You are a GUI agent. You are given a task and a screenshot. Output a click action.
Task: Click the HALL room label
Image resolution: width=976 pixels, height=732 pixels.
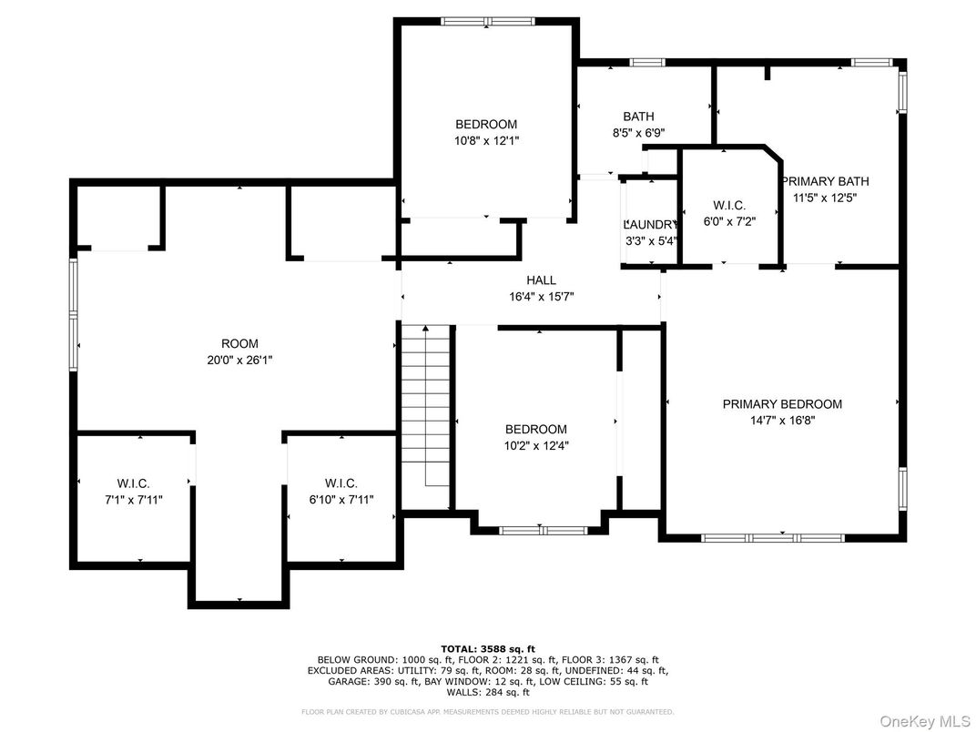pos(541,280)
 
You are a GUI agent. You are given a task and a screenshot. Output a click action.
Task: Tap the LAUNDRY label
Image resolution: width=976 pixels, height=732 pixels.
pos(650,225)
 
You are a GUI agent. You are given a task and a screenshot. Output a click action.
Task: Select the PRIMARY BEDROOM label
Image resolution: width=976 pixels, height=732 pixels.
pos(782,404)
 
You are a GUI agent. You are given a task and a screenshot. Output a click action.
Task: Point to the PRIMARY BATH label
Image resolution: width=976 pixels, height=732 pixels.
pos(826,181)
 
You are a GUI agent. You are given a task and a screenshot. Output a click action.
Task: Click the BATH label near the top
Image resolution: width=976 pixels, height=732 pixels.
pos(638,117)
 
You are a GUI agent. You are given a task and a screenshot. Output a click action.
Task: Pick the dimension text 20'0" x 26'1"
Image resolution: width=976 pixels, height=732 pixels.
pos(239,360)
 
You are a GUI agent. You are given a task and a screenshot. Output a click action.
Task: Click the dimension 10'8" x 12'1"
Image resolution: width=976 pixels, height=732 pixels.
pos(486,141)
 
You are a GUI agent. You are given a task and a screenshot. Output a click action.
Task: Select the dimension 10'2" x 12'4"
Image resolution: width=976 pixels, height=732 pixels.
pos(536,446)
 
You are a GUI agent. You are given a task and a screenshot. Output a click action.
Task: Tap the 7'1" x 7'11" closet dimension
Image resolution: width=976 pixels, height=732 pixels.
pos(133,499)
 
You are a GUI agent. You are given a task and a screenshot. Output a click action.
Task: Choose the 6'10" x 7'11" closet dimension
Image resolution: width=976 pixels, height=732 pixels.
pos(341,499)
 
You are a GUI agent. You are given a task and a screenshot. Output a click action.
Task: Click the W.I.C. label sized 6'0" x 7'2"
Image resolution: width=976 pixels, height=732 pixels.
pos(729,206)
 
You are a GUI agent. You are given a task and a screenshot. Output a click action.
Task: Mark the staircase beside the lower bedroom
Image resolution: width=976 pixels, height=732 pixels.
pos(425,416)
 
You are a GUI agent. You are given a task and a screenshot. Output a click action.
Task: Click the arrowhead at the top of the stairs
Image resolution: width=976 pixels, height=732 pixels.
pos(426,328)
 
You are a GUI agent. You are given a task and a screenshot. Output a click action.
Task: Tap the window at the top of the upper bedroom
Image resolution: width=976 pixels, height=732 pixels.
pos(488,22)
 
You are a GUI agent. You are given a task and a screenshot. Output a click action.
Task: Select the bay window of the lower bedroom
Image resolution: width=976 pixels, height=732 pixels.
pos(544,530)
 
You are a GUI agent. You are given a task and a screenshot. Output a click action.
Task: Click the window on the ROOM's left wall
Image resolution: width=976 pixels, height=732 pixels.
pos(74,314)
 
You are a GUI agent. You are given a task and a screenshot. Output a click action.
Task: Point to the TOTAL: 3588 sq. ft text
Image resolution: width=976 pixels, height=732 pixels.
pos(488,648)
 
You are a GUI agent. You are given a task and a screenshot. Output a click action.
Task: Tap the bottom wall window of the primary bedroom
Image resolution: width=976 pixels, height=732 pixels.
pos(773,538)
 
